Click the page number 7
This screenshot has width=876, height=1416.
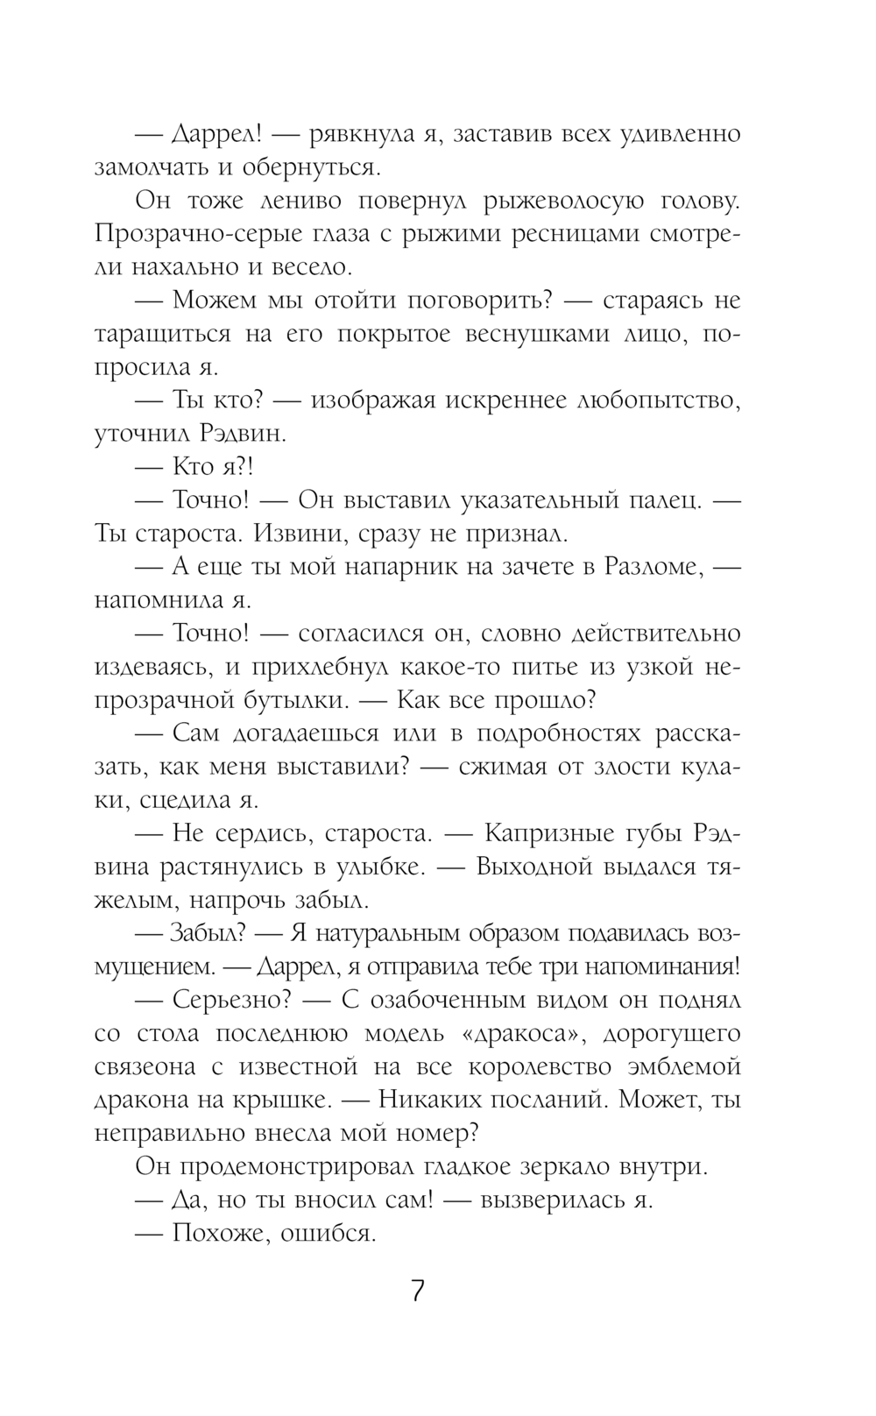[x=418, y=1291]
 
